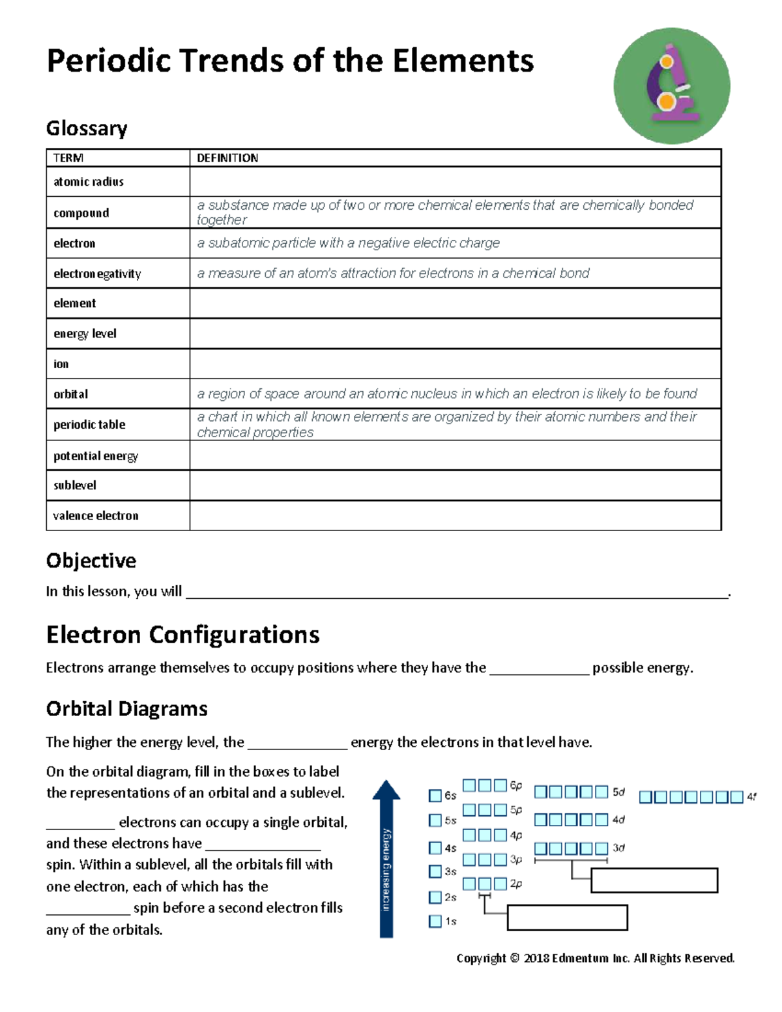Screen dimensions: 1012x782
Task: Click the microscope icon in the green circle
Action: click(671, 85)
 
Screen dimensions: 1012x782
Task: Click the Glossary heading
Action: click(86, 128)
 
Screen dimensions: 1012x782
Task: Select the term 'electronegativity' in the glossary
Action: click(97, 274)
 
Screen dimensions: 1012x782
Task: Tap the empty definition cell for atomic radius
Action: click(454, 182)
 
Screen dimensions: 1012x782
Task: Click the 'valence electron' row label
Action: click(96, 515)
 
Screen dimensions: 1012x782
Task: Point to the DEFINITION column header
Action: click(227, 158)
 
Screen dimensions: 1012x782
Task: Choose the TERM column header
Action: click(68, 158)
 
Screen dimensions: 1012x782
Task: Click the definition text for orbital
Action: click(446, 394)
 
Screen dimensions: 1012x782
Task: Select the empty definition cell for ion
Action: click(454, 364)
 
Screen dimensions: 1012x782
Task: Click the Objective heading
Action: click(91, 560)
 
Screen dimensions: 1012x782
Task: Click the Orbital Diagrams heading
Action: click(126, 708)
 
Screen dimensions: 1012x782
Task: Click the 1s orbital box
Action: click(435, 921)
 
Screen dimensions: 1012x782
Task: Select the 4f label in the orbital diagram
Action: click(751, 796)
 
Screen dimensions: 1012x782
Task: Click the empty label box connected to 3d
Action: click(654, 880)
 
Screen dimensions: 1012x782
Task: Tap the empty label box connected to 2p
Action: click(567, 918)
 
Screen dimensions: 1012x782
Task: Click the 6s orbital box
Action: click(435, 796)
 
